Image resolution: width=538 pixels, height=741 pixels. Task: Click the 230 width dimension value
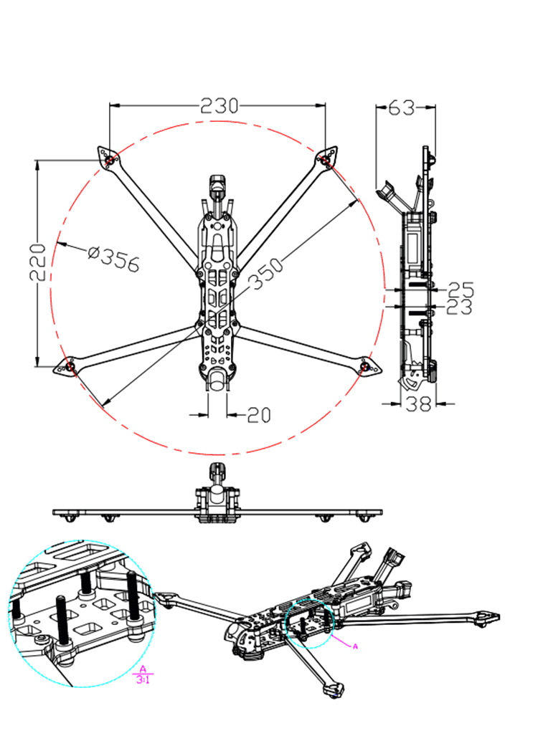click(219, 106)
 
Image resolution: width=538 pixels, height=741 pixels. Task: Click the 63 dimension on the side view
click(402, 108)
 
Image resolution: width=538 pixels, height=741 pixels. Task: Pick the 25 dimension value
click(461, 290)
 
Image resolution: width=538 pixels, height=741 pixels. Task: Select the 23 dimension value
click(460, 307)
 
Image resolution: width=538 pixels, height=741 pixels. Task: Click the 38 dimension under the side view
click(418, 404)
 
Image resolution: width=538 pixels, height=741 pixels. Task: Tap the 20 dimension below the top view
click(260, 414)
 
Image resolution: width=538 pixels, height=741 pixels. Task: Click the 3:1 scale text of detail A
click(143, 679)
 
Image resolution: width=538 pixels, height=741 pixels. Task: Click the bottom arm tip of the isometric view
click(334, 691)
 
